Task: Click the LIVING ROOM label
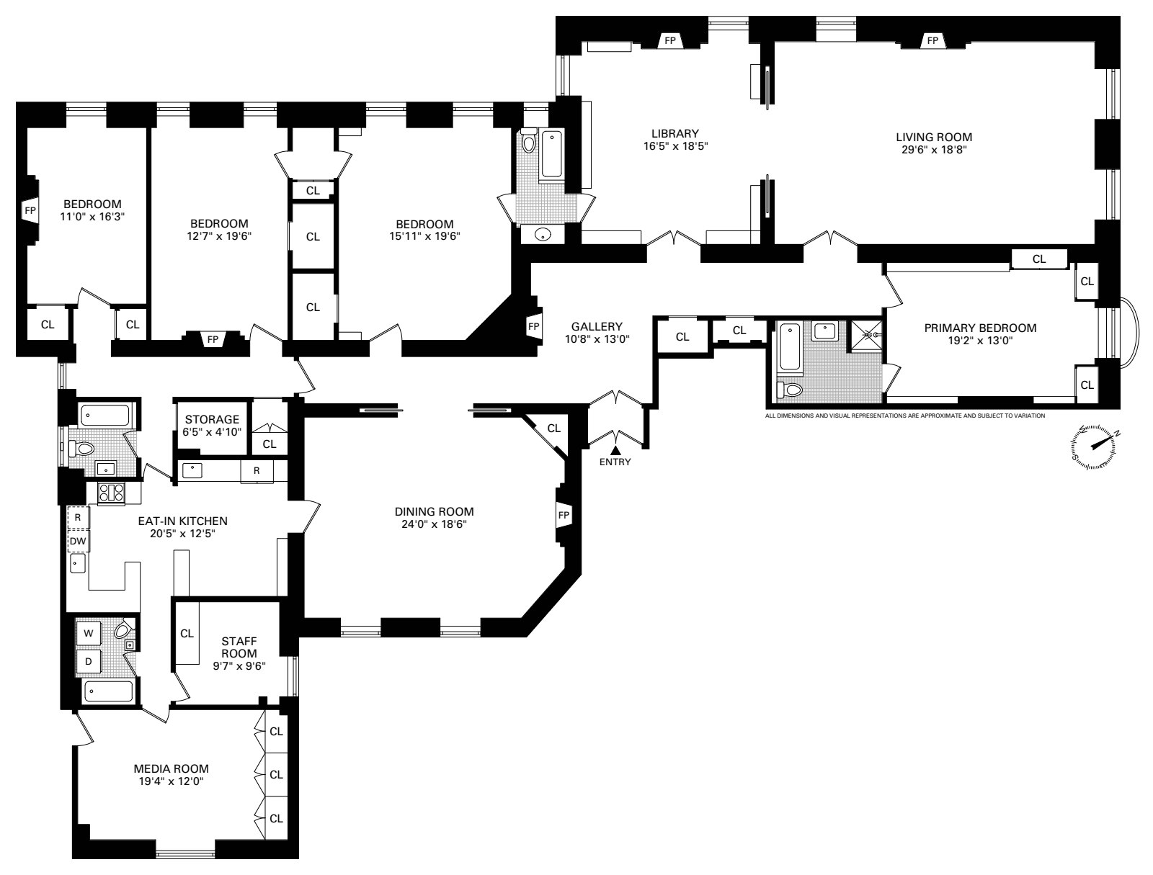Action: (933, 137)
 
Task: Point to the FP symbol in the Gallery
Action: (534, 326)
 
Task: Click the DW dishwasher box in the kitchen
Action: (77, 540)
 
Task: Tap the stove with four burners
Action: (111, 493)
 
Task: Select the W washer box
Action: (89, 634)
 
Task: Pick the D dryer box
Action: (89, 661)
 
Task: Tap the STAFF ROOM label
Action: (239, 647)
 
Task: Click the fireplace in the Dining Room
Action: (563, 516)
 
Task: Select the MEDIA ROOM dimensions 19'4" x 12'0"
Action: (172, 780)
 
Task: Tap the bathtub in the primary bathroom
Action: (790, 349)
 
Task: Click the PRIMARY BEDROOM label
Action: (980, 328)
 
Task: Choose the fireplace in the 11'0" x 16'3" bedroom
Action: (30, 211)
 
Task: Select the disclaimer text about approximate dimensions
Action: (904, 416)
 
